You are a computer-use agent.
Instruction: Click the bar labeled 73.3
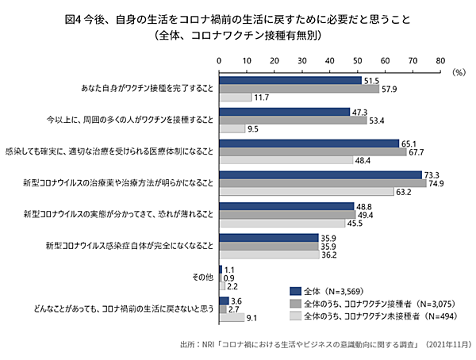321,174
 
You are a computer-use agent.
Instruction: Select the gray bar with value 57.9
299,89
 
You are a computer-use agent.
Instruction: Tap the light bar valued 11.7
235,97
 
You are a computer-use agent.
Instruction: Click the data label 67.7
418,151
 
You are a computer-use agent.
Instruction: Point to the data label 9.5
252,128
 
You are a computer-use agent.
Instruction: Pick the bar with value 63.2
306,190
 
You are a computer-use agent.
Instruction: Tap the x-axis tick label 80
440,59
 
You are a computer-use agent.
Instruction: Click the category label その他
202,278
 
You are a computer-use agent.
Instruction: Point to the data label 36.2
328,255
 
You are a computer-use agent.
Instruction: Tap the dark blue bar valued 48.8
286,205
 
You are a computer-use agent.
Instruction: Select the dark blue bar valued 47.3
284,112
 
